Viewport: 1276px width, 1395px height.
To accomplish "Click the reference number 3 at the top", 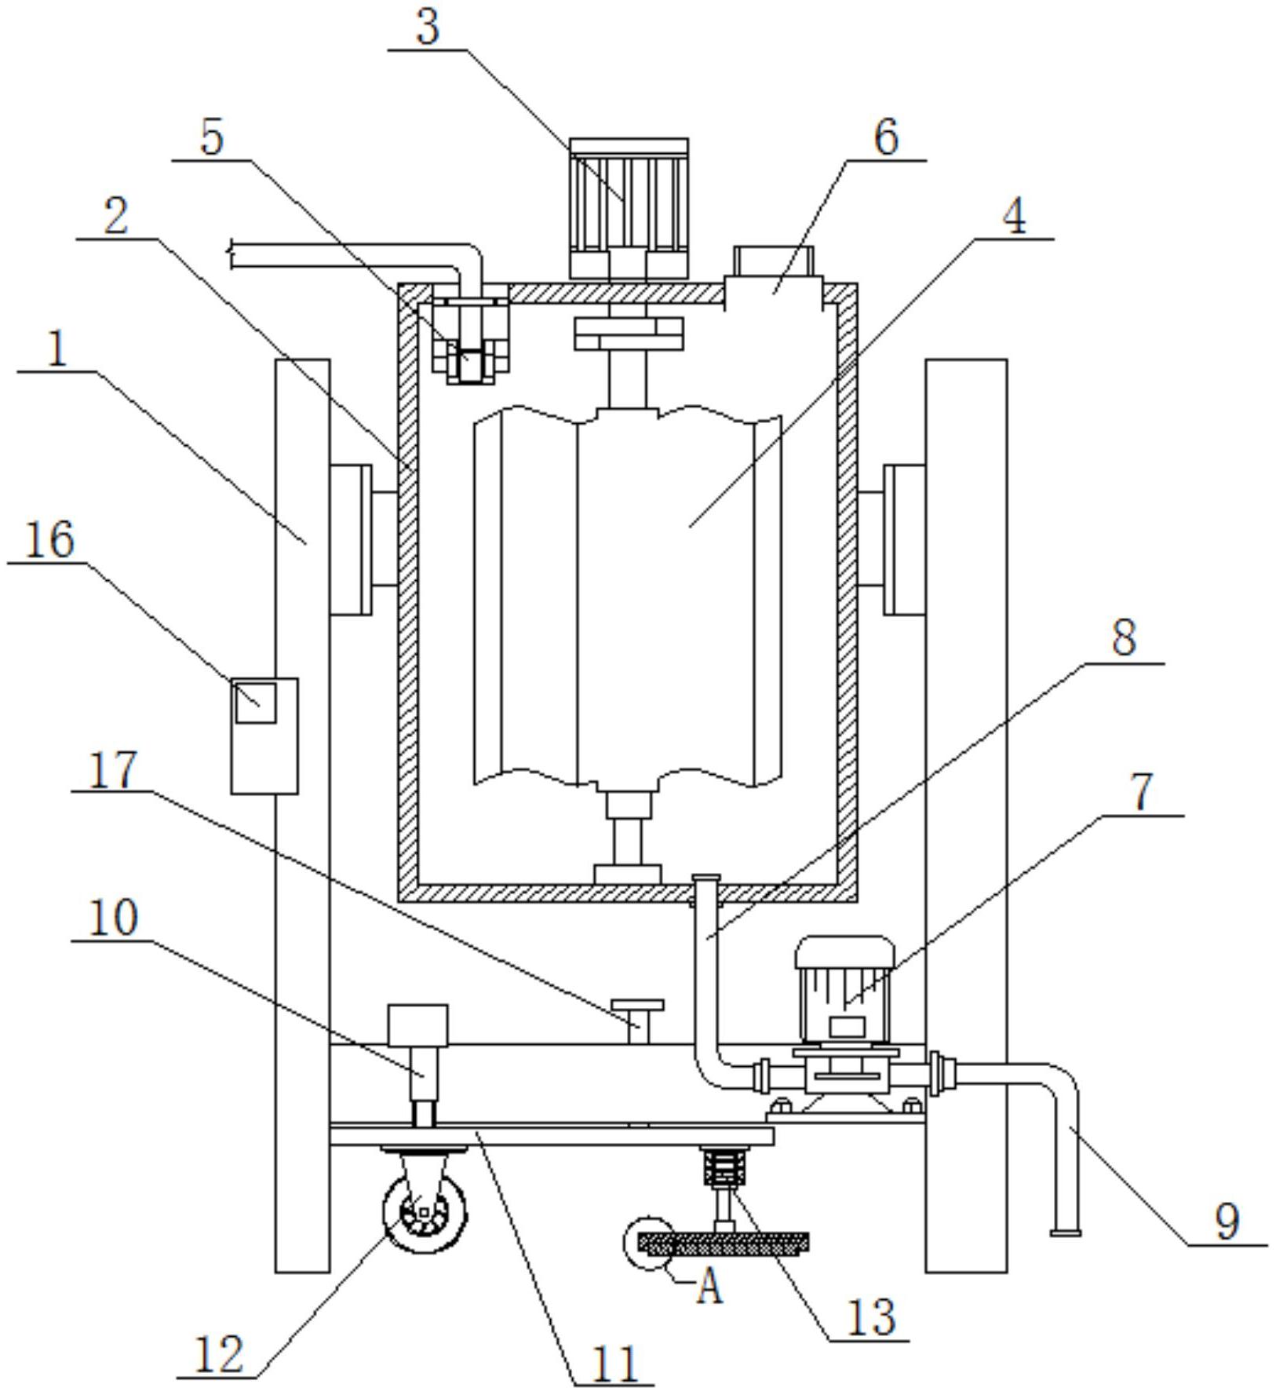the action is coord(427,28).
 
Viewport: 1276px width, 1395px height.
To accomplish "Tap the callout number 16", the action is coord(50,541).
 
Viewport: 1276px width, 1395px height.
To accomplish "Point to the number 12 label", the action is coord(217,1355).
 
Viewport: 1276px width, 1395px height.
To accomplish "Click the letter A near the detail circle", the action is coord(709,1287).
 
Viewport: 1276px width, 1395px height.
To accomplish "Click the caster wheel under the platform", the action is coord(424,1211).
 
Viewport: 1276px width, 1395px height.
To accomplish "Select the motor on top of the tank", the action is coord(629,210).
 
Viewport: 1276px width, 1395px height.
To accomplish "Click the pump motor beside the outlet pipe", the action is coord(844,991).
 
